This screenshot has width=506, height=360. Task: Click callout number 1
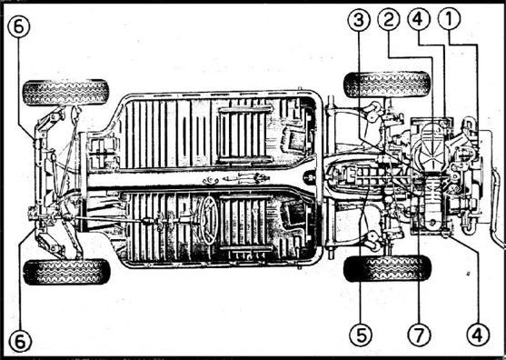pos(449,19)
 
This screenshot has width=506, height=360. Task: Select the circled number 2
pos(389,19)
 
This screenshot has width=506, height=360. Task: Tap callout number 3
pos(359,20)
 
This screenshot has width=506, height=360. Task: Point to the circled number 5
pos(361,335)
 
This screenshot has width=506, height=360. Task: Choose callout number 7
pos(419,335)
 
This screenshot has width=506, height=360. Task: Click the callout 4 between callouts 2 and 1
pos(419,19)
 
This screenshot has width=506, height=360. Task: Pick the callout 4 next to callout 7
pos(478,335)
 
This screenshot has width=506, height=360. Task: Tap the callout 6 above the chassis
pos(19,26)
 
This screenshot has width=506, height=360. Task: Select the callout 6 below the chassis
pos(20,341)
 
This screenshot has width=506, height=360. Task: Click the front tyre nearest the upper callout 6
pos(65,93)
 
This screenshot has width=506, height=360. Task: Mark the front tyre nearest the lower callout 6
pos(67,272)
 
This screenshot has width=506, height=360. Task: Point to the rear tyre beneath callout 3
pos(387,85)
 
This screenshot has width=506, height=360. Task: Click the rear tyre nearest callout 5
pos(387,268)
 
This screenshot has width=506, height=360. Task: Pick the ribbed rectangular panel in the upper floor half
pos(245,135)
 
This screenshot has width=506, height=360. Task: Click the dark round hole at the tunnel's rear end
pos(310,177)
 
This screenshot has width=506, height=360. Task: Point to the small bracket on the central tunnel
pos(211,181)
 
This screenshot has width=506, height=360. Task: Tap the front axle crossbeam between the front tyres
pos(40,181)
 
